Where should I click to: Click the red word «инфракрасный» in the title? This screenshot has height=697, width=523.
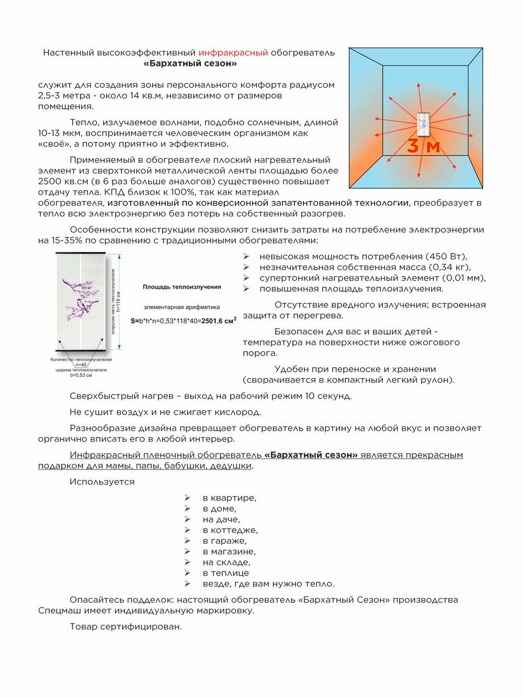click(x=233, y=53)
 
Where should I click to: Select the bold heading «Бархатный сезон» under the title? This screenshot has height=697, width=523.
click(x=190, y=64)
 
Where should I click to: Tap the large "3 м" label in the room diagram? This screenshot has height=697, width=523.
click(x=424, y=146)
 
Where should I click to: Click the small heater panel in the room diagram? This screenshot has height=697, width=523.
click(x=423, y=124)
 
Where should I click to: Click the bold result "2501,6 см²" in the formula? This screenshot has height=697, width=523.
click(x=219, y=321)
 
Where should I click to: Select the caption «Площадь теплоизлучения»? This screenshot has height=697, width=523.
click(x=182, y=287)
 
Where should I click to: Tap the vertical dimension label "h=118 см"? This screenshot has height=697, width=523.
click(x=119, y=302)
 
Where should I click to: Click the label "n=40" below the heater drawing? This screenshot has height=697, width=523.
click(x=81, y=365)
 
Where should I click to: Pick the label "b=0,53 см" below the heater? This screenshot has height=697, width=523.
click(x=81, y=375)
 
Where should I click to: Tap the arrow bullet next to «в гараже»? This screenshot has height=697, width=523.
click(x=187, y=541)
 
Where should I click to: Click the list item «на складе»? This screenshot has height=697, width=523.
click(x=226, y=563)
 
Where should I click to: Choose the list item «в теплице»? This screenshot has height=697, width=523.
click(x=226, y=573)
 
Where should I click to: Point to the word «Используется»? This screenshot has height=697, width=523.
click(x=102, y=482)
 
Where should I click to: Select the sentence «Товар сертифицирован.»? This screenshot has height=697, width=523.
click(x=126, y=627)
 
